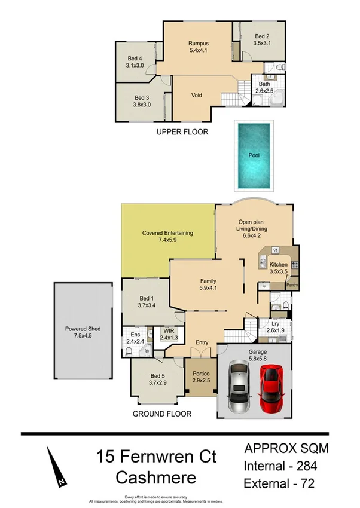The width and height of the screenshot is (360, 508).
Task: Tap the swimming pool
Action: click(254, 155)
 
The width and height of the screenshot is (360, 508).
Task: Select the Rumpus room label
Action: click(198, 44)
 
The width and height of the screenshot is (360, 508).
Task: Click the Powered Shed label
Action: click(83, 329)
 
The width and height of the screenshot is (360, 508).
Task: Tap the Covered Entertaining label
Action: click(167, 233)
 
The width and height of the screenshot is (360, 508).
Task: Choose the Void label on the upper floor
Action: click(196, 95)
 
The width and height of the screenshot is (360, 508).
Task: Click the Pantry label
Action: click(292, 285)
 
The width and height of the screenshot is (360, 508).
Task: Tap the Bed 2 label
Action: click(262, 36)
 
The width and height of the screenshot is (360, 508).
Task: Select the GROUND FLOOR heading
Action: click(161, 414)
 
